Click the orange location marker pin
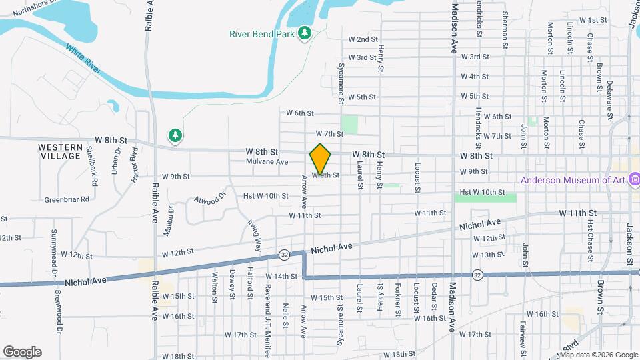point(321,159)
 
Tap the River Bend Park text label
point(261,33)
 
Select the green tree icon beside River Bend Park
point(305,33)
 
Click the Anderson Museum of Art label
point(572,180)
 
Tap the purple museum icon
point(634,179)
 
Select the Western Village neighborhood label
point(59,151)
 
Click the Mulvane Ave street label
point(267,162)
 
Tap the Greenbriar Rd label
point(67,199)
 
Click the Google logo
point(22,352)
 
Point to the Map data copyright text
point(599,354)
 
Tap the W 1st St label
point(593,21)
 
